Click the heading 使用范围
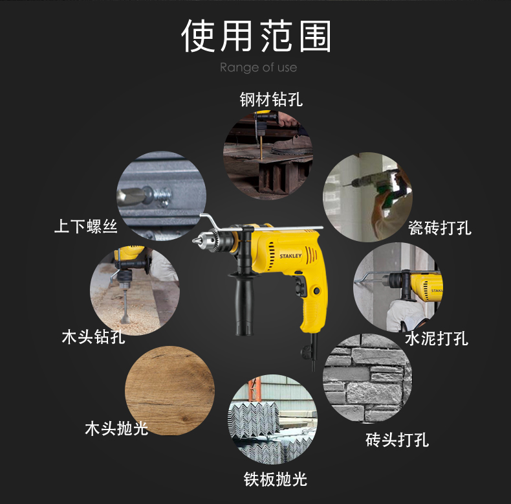point(256,36)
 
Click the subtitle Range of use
point(259,67)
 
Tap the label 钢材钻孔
point(271,99)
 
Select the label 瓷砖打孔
point(440,227)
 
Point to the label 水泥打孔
point(437,338)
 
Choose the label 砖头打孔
point(397,439)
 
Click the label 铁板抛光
point(276,479)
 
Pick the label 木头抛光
point(116,428)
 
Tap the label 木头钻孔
point(94,337)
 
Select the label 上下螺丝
point(86,226)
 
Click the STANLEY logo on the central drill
point(290,256)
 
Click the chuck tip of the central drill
point(195,241)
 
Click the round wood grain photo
point(169,391)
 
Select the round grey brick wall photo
point(367,378)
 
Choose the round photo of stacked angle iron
point(272,419)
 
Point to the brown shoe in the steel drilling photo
point(290,146)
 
